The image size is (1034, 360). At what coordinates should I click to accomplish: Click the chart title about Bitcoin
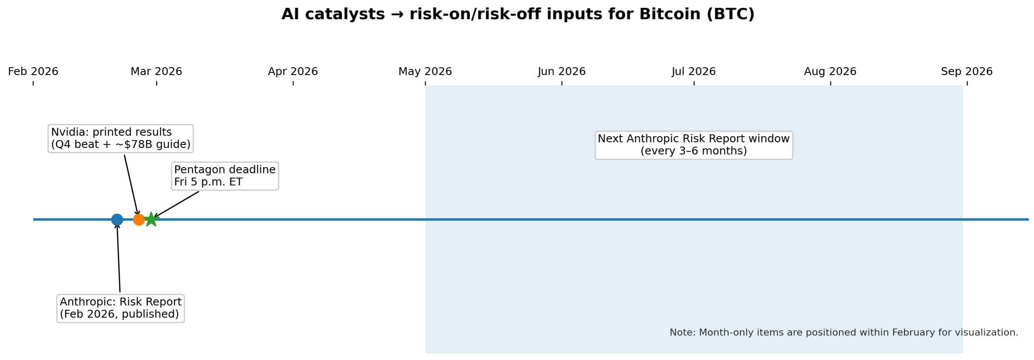click(518, 14)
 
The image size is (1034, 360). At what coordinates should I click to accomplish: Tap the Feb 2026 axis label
click(33, 71)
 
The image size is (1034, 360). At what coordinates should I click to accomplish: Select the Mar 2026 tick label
click(156, 71)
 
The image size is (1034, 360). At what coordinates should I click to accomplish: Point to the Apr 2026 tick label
click(293, 71)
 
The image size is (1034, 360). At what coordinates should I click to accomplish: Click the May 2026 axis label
click(425, 71)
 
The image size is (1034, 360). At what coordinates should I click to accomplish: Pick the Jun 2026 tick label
click(562, 71)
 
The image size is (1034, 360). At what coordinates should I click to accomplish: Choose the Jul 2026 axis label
click(694, 71)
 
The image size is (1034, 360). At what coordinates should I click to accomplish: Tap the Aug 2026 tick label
click(830, 71)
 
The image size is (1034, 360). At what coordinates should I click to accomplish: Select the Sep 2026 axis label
click(967, 71)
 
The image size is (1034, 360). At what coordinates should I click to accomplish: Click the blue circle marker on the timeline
click(117, 219)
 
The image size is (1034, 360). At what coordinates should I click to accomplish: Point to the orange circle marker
click(139, 219)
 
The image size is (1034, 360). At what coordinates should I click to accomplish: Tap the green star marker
click(151, 219)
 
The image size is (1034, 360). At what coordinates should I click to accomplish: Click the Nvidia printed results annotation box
click(120, 138)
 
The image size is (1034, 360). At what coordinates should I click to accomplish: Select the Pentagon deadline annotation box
click(225, 176)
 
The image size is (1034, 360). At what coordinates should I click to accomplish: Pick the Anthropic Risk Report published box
click(120, 308)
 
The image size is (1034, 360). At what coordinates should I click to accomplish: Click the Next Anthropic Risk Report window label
click(694, 145)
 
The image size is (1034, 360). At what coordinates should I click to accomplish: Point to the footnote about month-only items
click(844, 333)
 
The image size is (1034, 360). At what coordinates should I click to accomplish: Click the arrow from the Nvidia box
click(131, 185)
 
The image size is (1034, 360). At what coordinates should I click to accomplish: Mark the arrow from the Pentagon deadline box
click(175, 205)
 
